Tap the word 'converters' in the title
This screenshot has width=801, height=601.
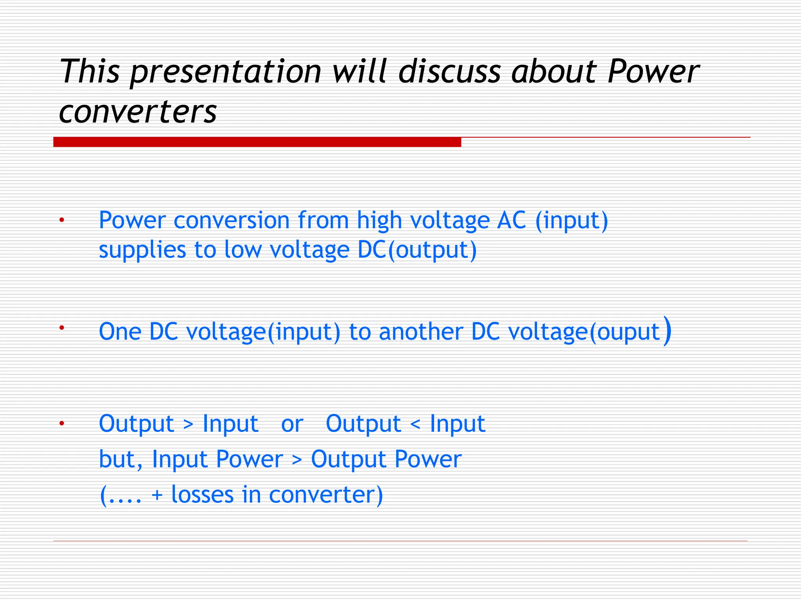pyautogui.click(x=138, y=112)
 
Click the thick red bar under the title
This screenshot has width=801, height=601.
pyautogui.click(x=257, y=142)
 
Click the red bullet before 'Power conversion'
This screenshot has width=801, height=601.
pyautogui.click(x=61, y=221)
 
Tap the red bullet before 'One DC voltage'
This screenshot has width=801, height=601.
pyautogui.click(x=61, y=327)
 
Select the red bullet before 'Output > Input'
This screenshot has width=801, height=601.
pyautogui.click(x=61, y=423)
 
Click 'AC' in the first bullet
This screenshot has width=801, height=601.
pyautogui.click(x=511, y=220)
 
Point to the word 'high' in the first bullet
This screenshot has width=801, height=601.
pyautogui.click(x=379, y=221)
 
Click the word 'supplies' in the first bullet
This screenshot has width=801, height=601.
pyautogui.click(x=142, y=250)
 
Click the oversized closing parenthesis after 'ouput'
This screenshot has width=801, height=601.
pyautogui.click(x=667, y=331)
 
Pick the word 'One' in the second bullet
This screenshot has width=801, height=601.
pyautogui.click(x=120, y=332)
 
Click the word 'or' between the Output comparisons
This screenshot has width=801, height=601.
pyautogui.click(x=292, y=424)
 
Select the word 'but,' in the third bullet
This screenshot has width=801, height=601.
pyautogui.click(x=120, y=459)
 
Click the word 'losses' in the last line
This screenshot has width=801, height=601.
pyautogui.click(x=202, y=495)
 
